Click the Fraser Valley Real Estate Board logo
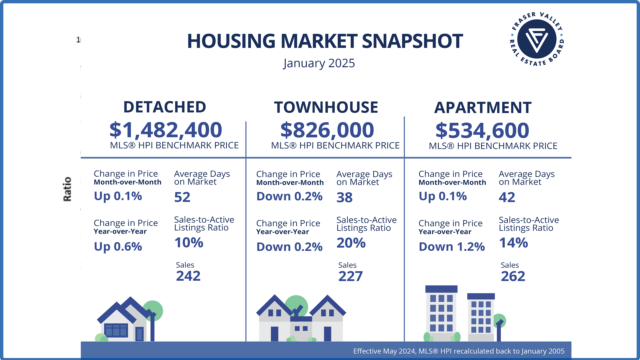pos(537,39)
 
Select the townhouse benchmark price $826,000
pos(327,130)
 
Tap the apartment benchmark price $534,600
pos(482,130)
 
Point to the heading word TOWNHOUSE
pos(326,107)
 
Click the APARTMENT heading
pos(483,108)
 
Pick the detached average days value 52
pos(182,197)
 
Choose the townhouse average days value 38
pos(344,197)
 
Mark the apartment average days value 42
pos(507,197)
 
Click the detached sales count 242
pos(188,276)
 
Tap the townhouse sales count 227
pos(350,276)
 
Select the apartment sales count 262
pos(513,276)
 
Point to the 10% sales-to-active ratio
pos(189,243)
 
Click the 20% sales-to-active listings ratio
pos(351,243)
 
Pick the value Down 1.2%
pos(452,247)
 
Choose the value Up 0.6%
pos(118,247)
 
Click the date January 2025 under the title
pos(319,63)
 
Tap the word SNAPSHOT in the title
pos(412,41)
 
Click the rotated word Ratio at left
pos(67,189)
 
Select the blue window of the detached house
pos(116,330)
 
